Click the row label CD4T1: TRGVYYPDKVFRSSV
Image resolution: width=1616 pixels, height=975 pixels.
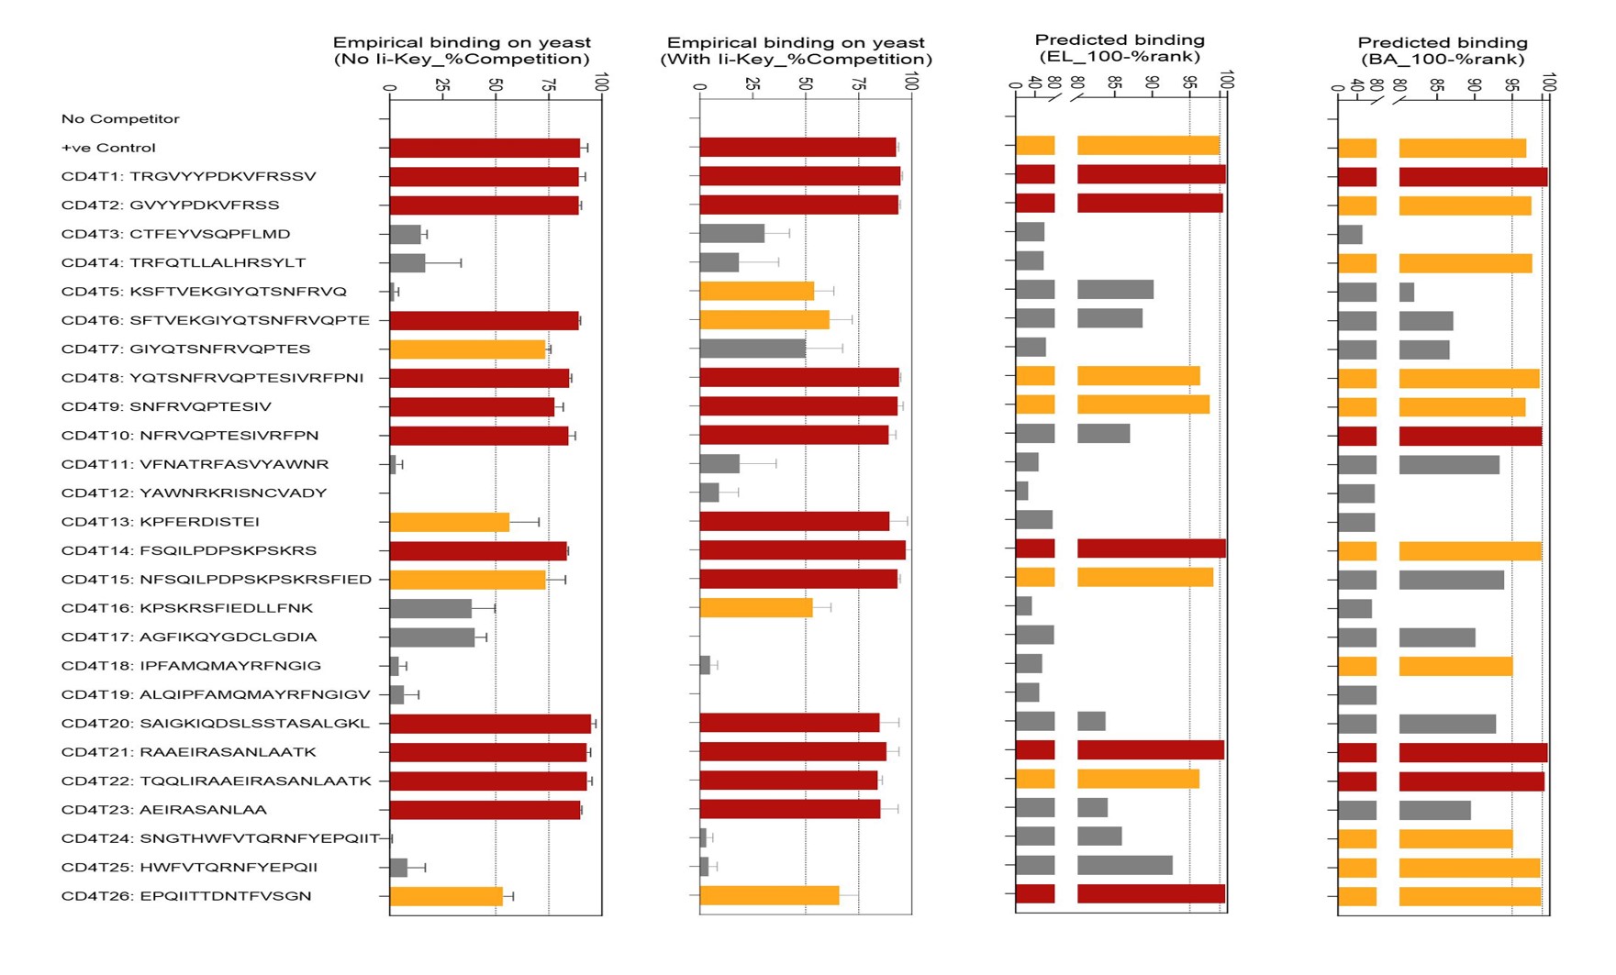click(x=188, y=176)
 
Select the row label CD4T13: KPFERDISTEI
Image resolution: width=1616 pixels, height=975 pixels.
click(x=160, y=522)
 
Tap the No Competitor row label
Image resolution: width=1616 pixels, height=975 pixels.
click(x=120, y=119)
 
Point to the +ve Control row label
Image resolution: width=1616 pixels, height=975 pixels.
click(x=108, y=148)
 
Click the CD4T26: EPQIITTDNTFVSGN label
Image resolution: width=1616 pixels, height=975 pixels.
click(x=186, y=896)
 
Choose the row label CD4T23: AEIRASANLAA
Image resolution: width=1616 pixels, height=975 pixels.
click(x=164, y=810)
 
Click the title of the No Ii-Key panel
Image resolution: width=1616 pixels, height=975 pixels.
click(x=462, y=50)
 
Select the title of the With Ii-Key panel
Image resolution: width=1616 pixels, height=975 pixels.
click(x=796, y=50)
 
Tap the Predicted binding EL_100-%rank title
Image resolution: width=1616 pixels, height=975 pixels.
click(x=1120, y=48)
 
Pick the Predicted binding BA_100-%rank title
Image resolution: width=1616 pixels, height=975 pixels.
click(x=1443, y=50)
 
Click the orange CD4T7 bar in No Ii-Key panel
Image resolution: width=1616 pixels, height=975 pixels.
click(x=468, y=349)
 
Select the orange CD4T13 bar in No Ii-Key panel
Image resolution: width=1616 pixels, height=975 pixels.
click(x=450, y=522)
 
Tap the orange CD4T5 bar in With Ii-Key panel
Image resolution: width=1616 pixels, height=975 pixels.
click(x=757, y=292)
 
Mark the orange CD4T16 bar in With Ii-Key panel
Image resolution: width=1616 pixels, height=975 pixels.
click(x=756, y=608)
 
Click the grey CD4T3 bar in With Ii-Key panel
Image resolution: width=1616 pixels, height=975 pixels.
click(x=731, y=234)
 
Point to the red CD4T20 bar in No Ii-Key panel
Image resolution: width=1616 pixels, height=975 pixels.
click(x=490, y=724)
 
